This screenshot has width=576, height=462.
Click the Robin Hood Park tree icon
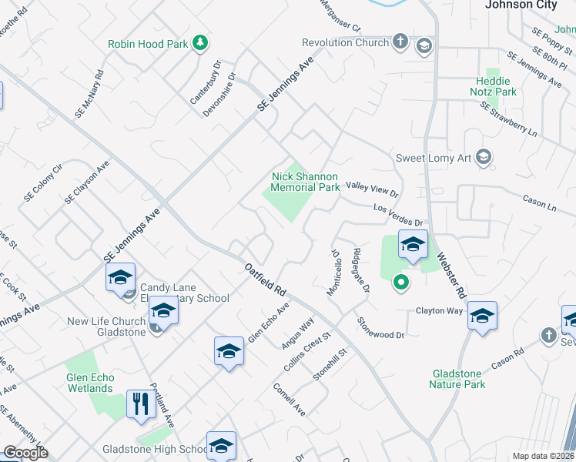tap(200, 42)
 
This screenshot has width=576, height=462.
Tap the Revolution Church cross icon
tap(400, 42)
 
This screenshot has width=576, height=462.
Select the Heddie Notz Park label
tap(493, 86)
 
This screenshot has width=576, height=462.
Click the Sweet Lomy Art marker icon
tap(483, 158)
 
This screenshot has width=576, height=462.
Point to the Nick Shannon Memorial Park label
tap(306, 182)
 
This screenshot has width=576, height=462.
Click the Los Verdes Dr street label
tap(399, 215)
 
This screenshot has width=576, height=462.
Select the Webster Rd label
tap(451, 274)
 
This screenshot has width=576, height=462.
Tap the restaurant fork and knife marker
tap(140, 403)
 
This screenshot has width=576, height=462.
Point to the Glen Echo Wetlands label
tap(89, 383)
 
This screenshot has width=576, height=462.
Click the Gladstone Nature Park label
tap(457, 378)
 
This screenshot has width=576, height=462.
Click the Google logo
tap(26, 453)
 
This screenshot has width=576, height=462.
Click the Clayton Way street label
tap(439, 311)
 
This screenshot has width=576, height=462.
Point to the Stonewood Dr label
tap(380, 329)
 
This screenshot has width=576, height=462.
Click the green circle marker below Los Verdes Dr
tap(400, 283)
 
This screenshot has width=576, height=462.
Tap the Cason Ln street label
tap(539, 205)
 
